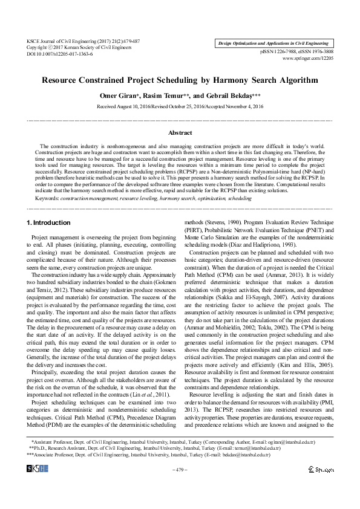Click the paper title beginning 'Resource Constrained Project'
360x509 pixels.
[180, 80]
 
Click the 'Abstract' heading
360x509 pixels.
[180, 131]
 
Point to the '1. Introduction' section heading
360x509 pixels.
[49, 206]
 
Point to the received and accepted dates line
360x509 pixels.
[180, 106]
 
